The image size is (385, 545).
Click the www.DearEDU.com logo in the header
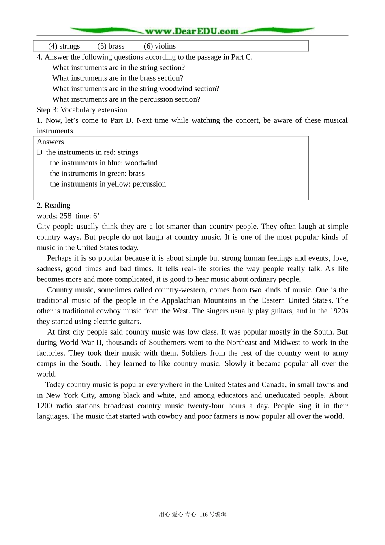[x=192, y=31]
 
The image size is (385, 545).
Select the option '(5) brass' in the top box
[x=111, y=46]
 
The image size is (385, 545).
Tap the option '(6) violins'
[x=160, y=46]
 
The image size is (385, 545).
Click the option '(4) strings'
[x=64, y=46]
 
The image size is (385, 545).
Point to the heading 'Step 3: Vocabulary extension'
[x=82, y=110]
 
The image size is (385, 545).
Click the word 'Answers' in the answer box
[x=50, y=142]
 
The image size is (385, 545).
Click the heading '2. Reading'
[x=53, y=206]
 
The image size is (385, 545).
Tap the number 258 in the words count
[x=65, y=216]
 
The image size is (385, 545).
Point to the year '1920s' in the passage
[x=338, y=311]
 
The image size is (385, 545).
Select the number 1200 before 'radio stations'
[x=44, y=406]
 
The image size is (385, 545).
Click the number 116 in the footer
[x=204, y=515]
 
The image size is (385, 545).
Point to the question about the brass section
[x=118, y=78]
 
